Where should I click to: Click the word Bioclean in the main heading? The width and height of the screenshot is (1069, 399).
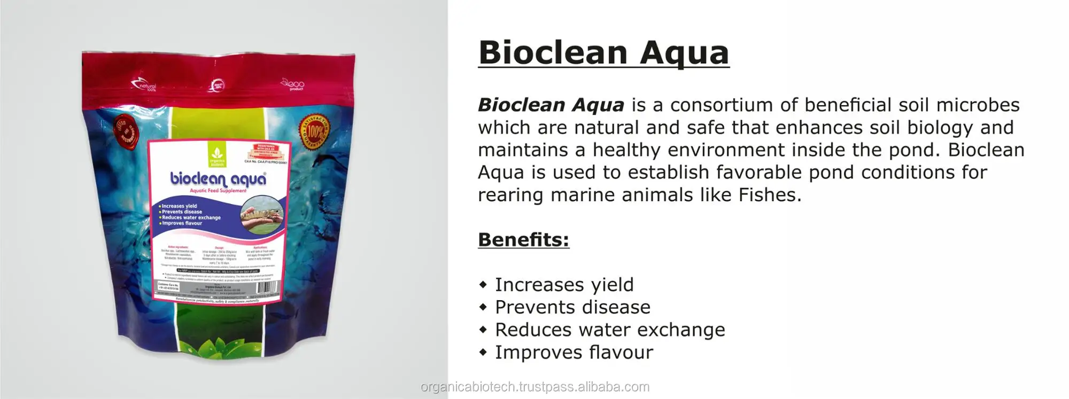click(x=553, y=52)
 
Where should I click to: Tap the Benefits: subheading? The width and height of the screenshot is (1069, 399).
click(x=523, y=240)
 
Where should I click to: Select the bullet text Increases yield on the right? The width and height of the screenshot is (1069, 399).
click(x=564, y=285)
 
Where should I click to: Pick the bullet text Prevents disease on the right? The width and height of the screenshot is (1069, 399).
click(x=572, y=307)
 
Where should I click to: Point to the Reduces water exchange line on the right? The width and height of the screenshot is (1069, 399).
click(x=610, y=330)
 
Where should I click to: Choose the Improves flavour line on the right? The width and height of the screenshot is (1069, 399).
click(x=574, y=352)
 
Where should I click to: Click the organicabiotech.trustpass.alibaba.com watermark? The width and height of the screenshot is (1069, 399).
click(x=535, y=387)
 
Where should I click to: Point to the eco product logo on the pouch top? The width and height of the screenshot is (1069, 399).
click(x=293, y=84)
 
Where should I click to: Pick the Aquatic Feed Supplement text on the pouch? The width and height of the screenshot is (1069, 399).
click(x=218, y=191)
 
